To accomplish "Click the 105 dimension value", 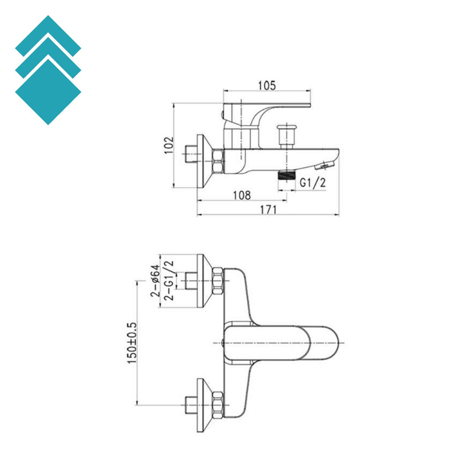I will (x=266, y=85).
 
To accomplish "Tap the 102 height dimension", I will (x=169, y=145).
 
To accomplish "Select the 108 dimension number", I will (x=241, y=195).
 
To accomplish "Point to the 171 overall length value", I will (x=268, y=210).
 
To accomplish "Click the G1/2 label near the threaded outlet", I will (x=313, y=183).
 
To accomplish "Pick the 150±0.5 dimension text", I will (x=133, y=342).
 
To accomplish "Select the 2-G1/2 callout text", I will (x=169, y=281).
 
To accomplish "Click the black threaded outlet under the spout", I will (x=286, y=175).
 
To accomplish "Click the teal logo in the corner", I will (x=48, y=70).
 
